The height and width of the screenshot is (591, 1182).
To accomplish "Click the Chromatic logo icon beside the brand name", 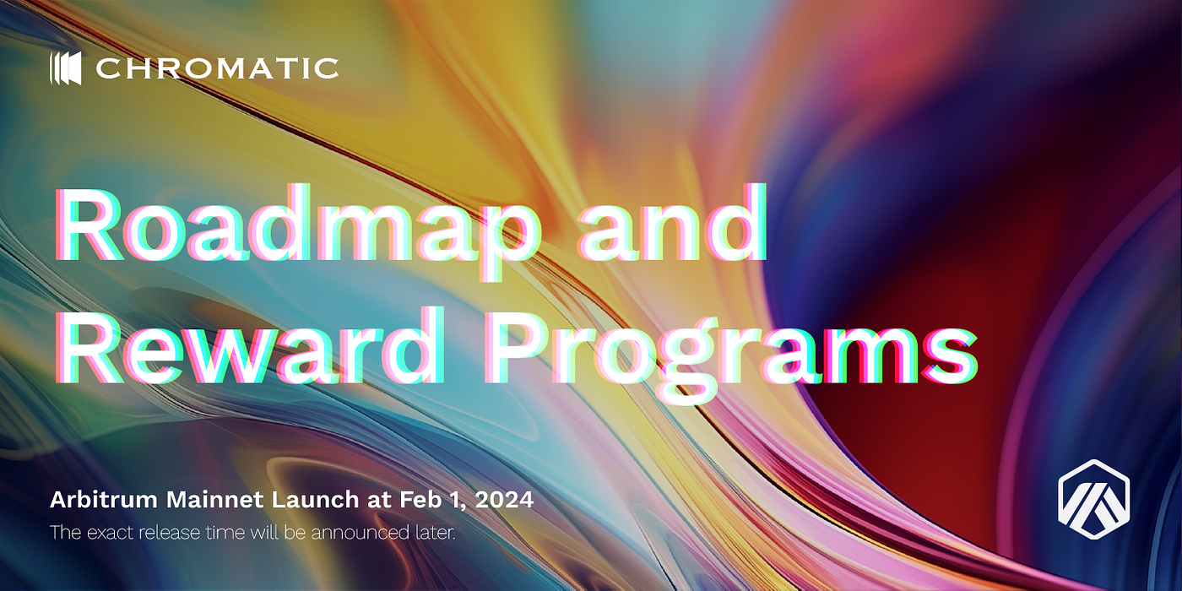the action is (66, 68).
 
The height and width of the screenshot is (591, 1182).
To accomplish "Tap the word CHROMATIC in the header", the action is (217, 68).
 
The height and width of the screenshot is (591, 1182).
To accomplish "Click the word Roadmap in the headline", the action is (298, 228).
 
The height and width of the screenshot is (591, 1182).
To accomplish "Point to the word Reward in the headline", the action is (250, 344).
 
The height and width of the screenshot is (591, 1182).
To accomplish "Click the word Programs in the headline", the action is (732, 353).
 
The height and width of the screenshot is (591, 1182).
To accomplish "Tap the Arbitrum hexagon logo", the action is (1094, 499).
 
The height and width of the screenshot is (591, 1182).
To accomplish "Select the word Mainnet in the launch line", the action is (214, 500).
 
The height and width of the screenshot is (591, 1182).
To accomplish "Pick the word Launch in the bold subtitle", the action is (315, 500).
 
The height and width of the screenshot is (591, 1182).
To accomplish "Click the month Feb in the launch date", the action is (420, 500).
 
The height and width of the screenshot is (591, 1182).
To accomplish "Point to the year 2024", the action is (504, 500).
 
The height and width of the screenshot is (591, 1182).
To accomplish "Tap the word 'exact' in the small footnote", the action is (110, 533).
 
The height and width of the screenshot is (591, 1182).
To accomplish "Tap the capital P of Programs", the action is (518, 344).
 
